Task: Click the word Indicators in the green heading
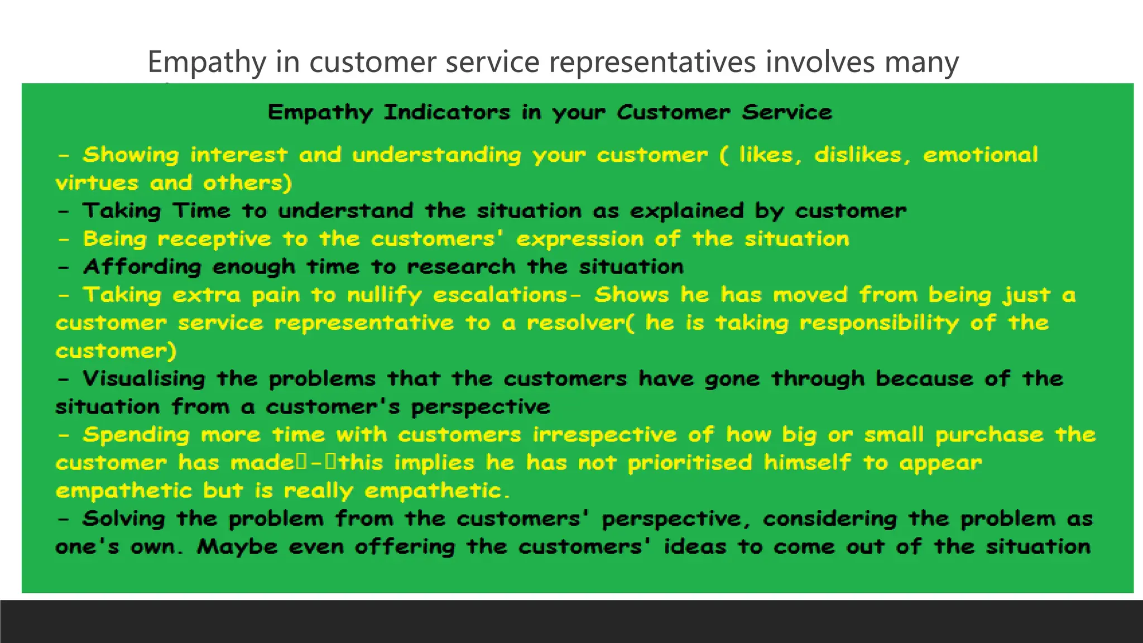(x=446, y=112)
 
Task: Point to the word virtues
(x=97, y=183)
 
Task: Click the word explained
(x=686, y=211)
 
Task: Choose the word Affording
(x=142, y=267)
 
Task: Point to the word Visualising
(x=144, y=379)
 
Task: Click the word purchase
(x=989, y=435)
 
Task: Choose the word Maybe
(x=237, y=546)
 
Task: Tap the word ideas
(x=695, y=546)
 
